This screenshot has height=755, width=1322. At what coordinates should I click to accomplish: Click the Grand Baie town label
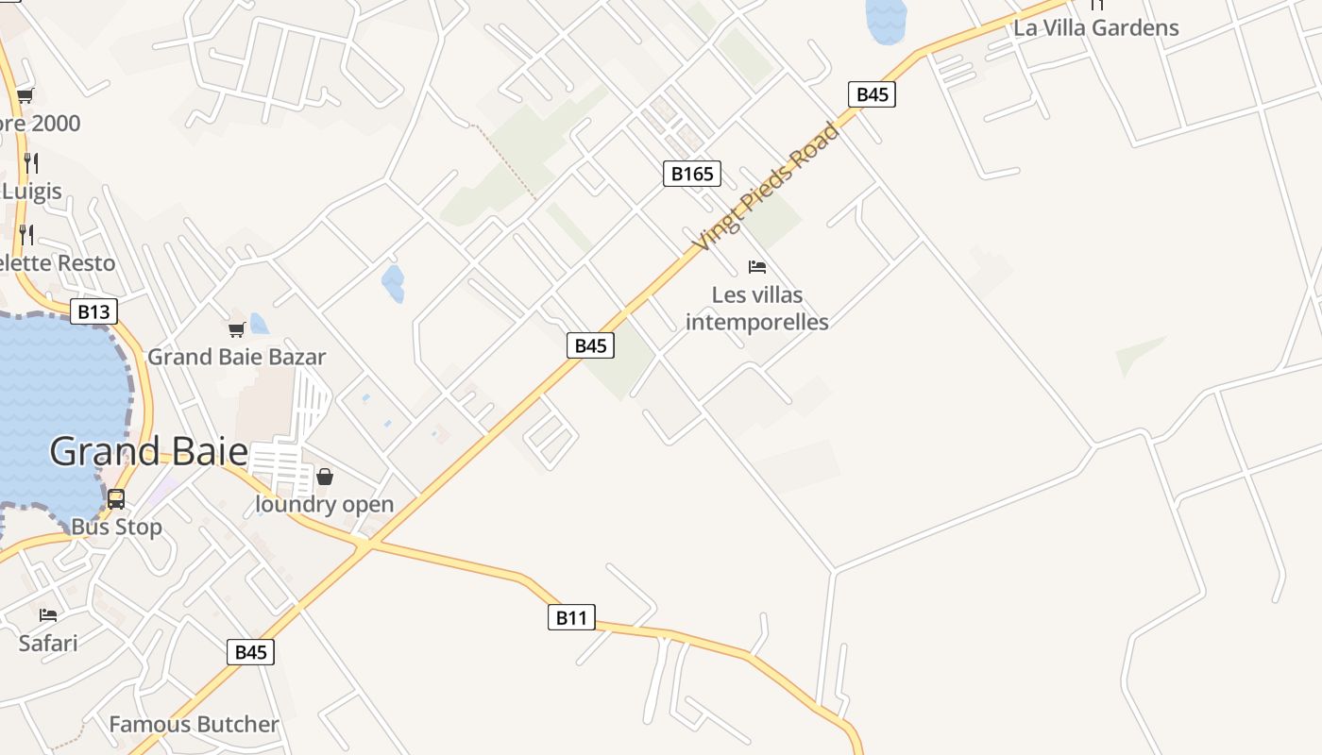[x=148, y=452]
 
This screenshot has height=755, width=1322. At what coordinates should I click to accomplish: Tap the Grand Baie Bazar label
[x=236, y=357]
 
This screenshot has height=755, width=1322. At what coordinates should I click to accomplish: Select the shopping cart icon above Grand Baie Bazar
[x=236, y=329]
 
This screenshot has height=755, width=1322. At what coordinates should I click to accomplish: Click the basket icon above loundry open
[x=325, y=477]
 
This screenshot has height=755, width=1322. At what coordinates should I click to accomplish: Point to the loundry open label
[x=324, y=504]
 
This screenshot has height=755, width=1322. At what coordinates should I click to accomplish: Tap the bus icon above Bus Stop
[x=116, y=499]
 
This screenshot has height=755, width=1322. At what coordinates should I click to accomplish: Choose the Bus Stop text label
[x=116, y=527]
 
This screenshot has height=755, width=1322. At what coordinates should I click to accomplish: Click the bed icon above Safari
[x=48, y=615]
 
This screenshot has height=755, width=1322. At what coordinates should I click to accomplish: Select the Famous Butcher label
[x=194, y=725]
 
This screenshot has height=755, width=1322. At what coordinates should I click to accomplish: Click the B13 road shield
[x=93, y=311]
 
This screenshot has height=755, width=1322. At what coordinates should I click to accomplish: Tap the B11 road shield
[x=571, y=618]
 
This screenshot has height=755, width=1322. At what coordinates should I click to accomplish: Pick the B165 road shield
[x=691, y=174]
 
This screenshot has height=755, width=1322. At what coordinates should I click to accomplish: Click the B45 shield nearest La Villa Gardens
[x=871, y=94]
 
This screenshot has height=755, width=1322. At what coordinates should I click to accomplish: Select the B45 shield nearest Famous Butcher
[x=250, y=652]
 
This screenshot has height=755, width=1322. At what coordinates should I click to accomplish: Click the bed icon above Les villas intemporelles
[x=756, y=267]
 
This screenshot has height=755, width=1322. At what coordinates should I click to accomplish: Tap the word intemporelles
[x=756, y=322]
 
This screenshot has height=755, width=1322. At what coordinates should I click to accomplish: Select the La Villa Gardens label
[x=1095, y=27]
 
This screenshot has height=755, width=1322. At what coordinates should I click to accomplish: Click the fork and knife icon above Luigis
[x=30, y=162]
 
